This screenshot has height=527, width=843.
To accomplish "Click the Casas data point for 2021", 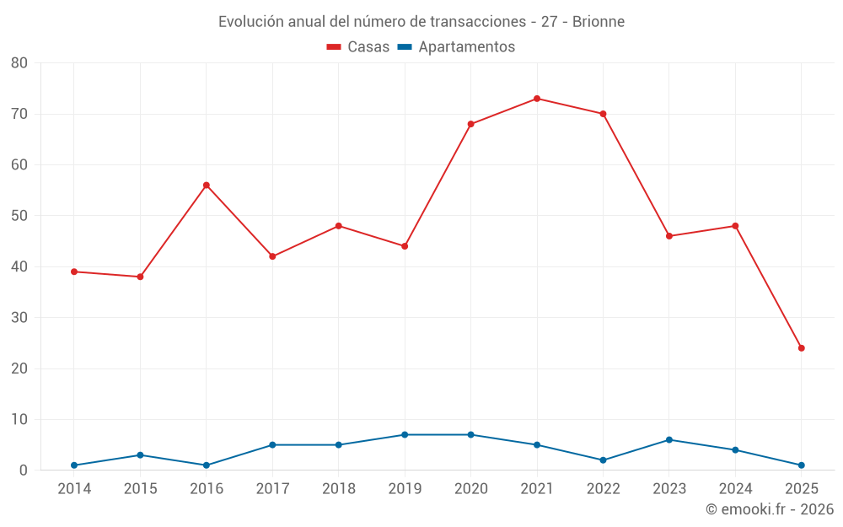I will [537, 99].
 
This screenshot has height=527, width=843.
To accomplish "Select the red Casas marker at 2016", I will [207, 186].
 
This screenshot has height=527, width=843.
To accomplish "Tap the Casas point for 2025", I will [801, 348].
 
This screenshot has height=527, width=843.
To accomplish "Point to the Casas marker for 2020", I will [470, 124].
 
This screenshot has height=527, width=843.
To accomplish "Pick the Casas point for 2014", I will [74, 272].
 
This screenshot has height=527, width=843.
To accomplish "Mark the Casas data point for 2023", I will [669, 236].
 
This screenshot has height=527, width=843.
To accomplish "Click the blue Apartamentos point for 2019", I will [405, 435].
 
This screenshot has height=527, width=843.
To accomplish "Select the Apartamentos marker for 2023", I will [669, 440].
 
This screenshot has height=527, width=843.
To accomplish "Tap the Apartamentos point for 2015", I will [140, 455].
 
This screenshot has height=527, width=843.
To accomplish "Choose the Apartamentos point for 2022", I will [603, 460].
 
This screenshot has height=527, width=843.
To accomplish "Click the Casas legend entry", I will [358, 47].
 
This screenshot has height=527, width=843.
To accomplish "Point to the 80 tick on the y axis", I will [19, 63].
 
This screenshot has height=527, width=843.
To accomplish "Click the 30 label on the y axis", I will [19, 318].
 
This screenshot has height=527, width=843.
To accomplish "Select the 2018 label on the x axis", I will [338, 489].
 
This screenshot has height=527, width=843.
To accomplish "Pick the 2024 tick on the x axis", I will [735, 489].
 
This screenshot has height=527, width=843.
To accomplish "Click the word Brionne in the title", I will [599, 22].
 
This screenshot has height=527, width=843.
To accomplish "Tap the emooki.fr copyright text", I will [769, 509].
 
